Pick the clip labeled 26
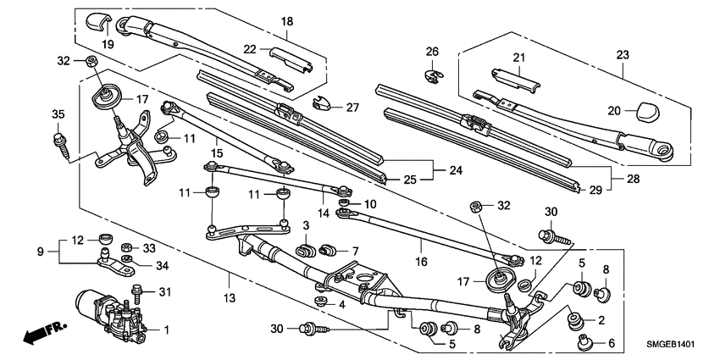(x=432, y=75)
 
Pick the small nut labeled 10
(x=345, y=204)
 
